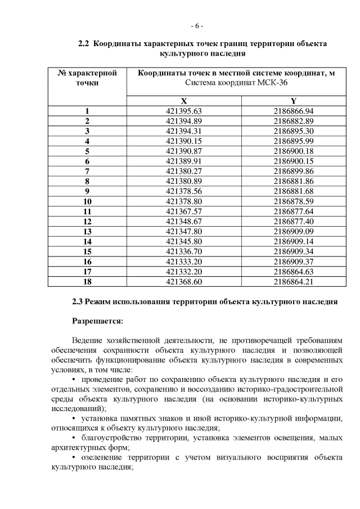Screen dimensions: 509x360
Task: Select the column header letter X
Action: pos(183,100)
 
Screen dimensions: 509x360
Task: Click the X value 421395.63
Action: pos(183,111)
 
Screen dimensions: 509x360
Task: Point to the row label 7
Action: pos(87,171)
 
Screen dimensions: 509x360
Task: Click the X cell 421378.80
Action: pos(183,201)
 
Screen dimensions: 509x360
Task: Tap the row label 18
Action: pos(87,281)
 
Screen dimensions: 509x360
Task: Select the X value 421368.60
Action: pos(183,281)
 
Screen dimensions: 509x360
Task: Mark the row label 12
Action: pos(87,221)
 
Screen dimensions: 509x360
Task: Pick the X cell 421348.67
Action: pos(183,221)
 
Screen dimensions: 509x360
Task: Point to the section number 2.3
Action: pos(78,301)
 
